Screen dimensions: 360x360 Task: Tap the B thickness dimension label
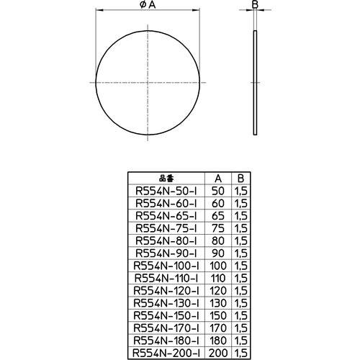[255, 5]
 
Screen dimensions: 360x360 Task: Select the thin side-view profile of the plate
[255, 82]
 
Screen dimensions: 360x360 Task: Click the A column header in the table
[219, 179]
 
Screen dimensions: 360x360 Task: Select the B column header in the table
[241, 179]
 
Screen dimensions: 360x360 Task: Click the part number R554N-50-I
[167, 191]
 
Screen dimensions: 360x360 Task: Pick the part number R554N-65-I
[167, 215]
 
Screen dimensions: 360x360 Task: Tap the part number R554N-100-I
[167, 266]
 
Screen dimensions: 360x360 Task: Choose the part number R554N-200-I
[167, 353]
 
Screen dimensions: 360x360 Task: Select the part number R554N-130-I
[167, 302]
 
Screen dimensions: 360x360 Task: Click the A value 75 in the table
[219, 228]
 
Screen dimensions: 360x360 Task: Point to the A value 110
[219, 278]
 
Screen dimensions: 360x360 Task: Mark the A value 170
[219, 328]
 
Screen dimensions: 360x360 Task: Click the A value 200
[219, 353]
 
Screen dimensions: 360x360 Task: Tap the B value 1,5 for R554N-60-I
[241, 203]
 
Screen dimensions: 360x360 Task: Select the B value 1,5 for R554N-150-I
[241, 315]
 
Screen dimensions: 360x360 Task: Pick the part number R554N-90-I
[167, 253]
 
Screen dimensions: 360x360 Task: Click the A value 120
[219, 290]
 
